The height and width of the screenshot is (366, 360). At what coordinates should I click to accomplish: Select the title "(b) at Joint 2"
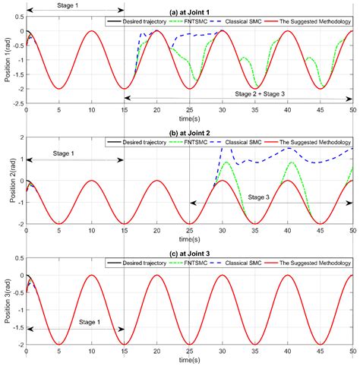(189, 131)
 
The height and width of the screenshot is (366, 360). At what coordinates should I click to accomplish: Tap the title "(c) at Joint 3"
(189, 254)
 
